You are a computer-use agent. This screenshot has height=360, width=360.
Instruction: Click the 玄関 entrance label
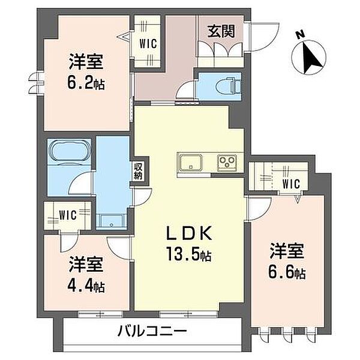[221, 31]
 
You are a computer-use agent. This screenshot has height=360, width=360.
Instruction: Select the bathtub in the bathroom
[70, 151]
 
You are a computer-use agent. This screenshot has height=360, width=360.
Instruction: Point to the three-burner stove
[227, 163]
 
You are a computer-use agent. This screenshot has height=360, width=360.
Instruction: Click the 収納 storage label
[139, 171]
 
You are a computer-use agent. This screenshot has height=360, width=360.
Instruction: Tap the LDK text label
[189, 233]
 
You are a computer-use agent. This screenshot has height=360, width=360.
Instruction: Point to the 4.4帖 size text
[86, 286]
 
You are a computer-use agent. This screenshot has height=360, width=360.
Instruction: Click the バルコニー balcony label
[152, 331]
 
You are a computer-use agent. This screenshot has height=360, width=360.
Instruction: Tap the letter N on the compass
[300, 35]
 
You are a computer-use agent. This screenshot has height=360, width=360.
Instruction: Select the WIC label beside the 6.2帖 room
[148, 44]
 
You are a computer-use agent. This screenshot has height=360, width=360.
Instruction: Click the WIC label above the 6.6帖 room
[291, 184]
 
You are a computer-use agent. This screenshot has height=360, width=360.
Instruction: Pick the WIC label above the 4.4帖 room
[67, 215]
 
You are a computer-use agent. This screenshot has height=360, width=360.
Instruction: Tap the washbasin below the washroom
[111, 221]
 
